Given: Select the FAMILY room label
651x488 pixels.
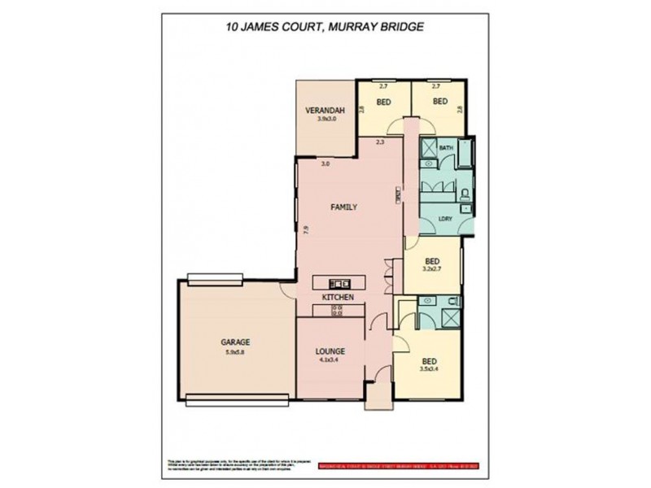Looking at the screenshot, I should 343,208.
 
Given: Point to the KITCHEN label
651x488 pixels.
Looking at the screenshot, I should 338,298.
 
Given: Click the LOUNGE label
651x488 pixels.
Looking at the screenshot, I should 331,351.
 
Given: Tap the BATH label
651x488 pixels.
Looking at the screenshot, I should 446,148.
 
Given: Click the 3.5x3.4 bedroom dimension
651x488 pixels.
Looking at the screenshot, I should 430,368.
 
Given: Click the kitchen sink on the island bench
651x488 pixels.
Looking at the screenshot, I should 339,284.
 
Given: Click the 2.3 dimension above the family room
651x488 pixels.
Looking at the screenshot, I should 380,143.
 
